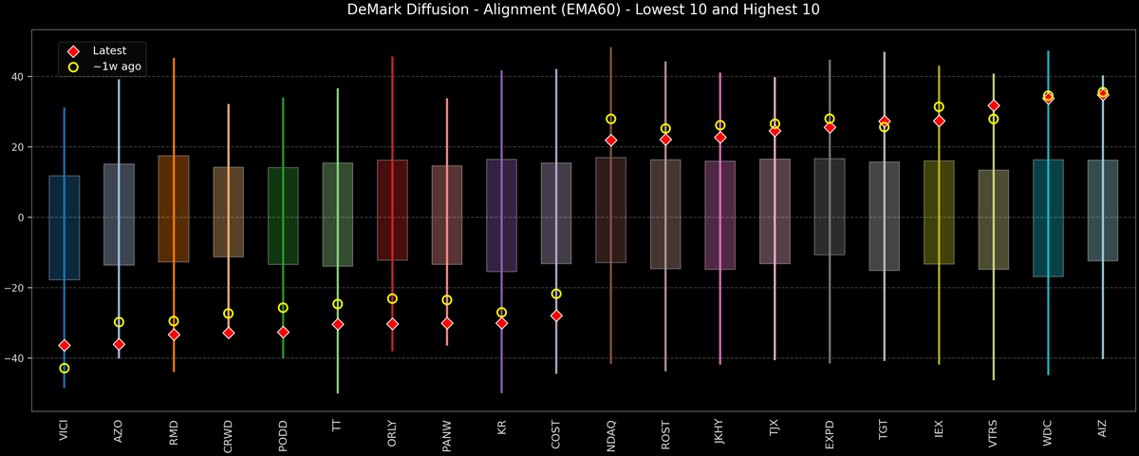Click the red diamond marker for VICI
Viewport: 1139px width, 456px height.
(65, 346)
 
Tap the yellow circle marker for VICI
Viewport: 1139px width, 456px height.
(65, 369)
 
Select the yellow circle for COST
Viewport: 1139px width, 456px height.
(556, 294)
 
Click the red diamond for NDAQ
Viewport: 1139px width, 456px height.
(611, 141)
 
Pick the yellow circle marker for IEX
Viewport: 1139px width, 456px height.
(939, 107)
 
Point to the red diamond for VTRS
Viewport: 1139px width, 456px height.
(994, 105)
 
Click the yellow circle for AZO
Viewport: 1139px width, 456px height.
(119, 322)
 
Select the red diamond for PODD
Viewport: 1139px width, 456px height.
(283, 332)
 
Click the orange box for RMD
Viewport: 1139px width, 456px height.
(174, 209)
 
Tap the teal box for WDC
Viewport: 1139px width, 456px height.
(1048, 218)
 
